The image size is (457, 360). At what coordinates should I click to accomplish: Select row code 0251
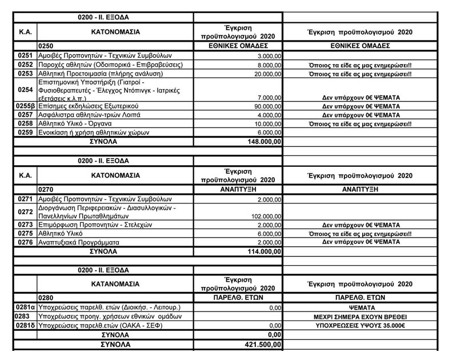click(26, 55)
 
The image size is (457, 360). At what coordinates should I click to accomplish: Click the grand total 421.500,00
click(261, 345)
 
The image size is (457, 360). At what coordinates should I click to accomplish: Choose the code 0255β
click(26, 106)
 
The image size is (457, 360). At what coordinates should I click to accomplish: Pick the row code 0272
click(26, 212)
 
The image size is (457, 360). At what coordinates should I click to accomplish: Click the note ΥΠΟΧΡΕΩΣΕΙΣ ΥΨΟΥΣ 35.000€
click(360, 325)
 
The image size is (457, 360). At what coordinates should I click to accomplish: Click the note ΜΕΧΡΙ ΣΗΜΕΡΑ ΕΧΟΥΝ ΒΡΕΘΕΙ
click(360, 317)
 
